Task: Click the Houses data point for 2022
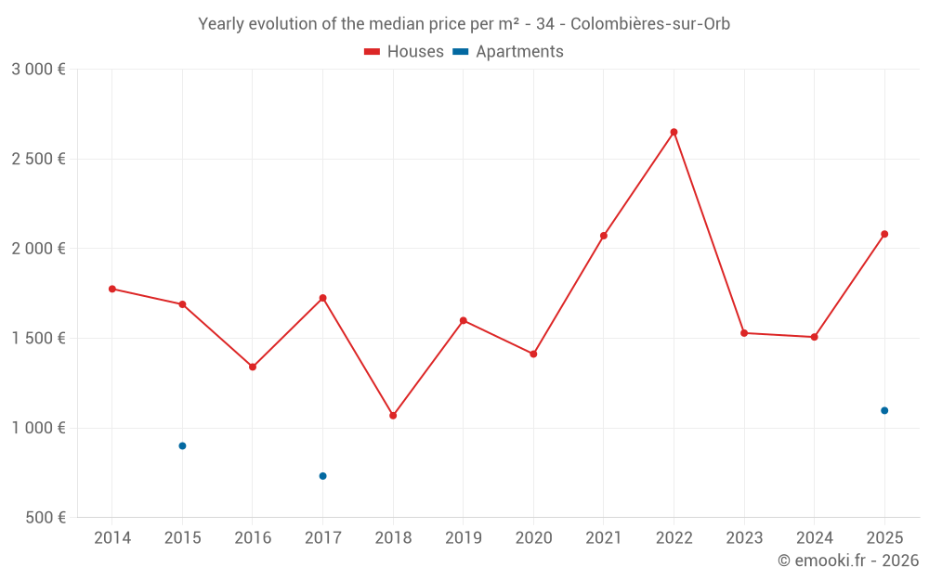[674, 132]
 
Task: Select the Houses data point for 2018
[393, 416]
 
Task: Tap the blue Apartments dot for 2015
[182, 445]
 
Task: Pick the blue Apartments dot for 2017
[322, 476]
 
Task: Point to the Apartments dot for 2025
[884, 410]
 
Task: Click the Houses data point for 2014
[112, 289]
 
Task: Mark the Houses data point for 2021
[603, 236]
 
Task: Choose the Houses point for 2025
[884, 234]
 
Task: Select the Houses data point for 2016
[253, 367]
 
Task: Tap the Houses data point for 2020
[533, 354]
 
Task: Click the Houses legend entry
[404, 52]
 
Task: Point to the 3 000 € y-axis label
[38, 70]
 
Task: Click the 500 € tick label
[45, 518]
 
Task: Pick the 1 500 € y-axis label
[38, 339]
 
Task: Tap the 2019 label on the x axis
[463, 538]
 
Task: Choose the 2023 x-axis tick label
[744, 538]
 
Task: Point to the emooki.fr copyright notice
[847, 561]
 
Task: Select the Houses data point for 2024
[814, 337]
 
